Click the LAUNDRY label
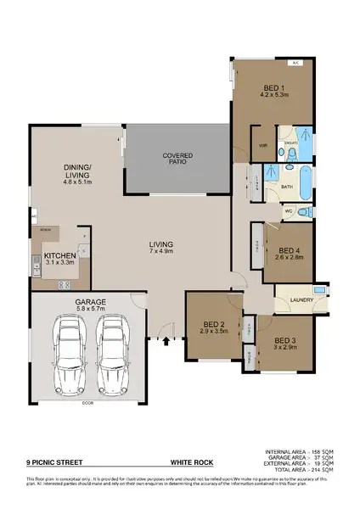pos(301,299)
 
